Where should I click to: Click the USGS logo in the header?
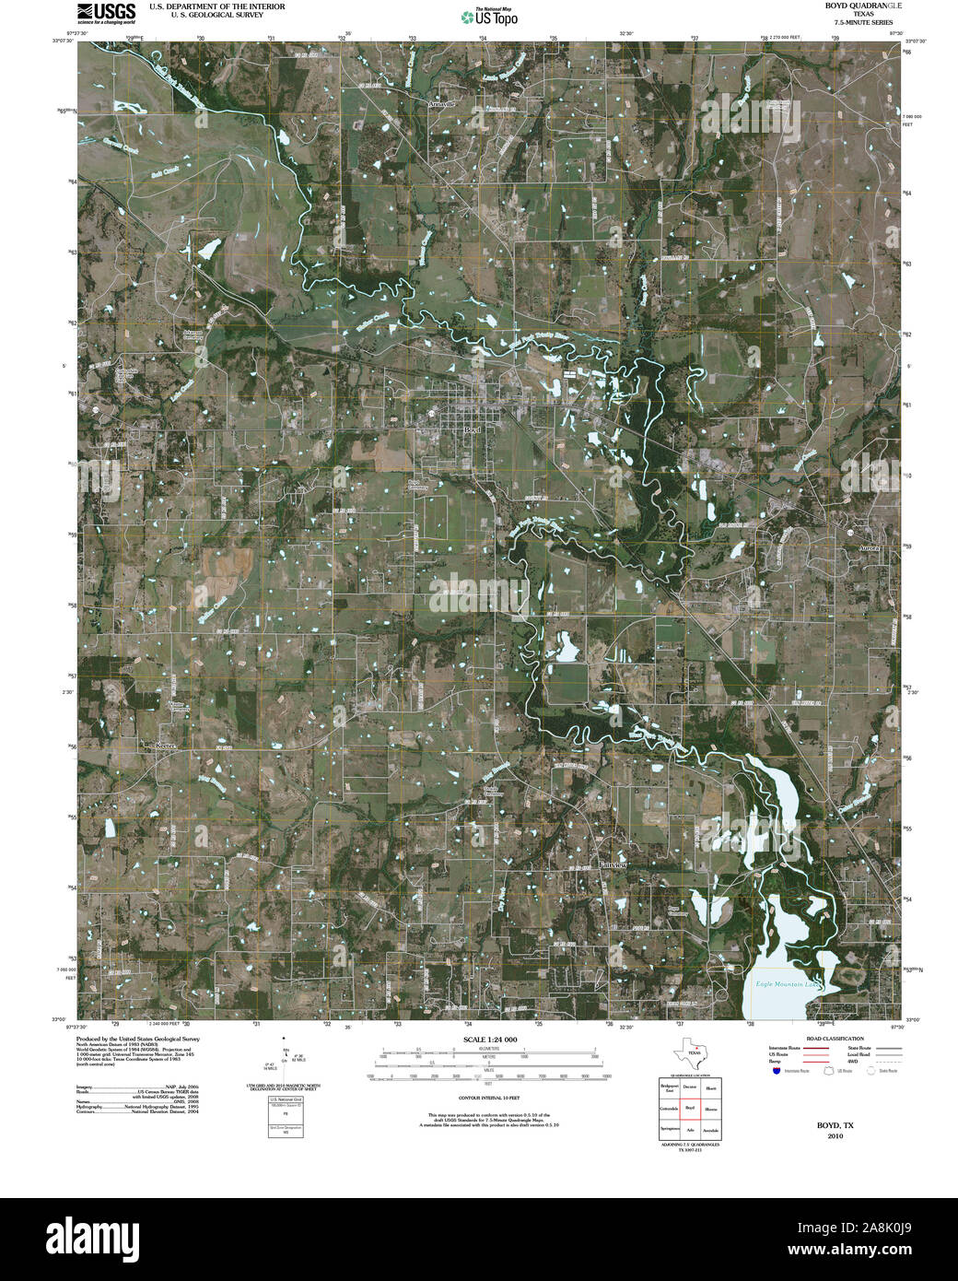pyautogui.click(x=106, y=12)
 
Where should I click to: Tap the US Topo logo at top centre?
pyautogui.click(x=491, y=16)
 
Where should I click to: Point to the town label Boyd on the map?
pyautogui.click(x=473, y=429)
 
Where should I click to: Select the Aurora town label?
pyautogui.click(x=870, y=547)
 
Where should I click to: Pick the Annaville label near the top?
pyautogui.click(x=442, y=105)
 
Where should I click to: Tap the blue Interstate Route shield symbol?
pyautogui.click(x=777, y=1072)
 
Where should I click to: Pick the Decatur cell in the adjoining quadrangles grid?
pyautogui.click(x=689, y=1088)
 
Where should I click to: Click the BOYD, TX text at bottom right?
pyautogui.click(x=835, y=1125)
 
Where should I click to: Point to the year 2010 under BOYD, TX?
pyautogui.click(x=835, y=1136)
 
